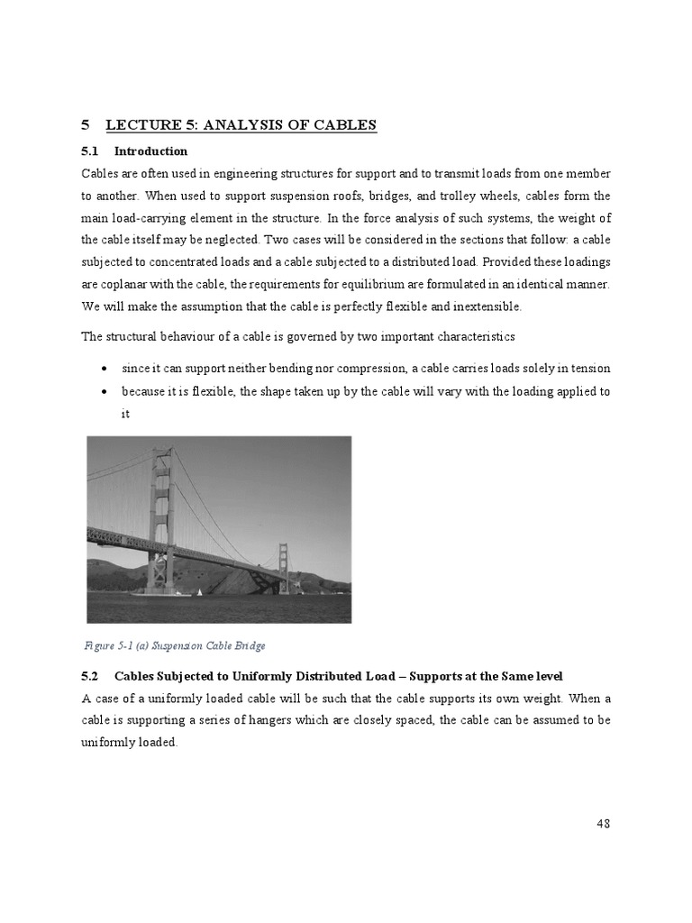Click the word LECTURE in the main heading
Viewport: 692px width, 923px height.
tap(145, 125)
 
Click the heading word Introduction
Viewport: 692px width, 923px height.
tap(150, 151)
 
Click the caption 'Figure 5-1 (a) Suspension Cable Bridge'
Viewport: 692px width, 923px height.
tap(175, 645)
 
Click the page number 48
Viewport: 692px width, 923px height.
tap(603, 823)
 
